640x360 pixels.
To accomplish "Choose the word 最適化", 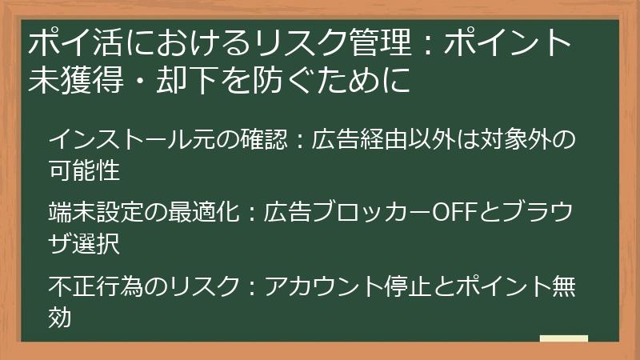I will (x=201, y=212).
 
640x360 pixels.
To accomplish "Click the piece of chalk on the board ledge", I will (x=563, y=338).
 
